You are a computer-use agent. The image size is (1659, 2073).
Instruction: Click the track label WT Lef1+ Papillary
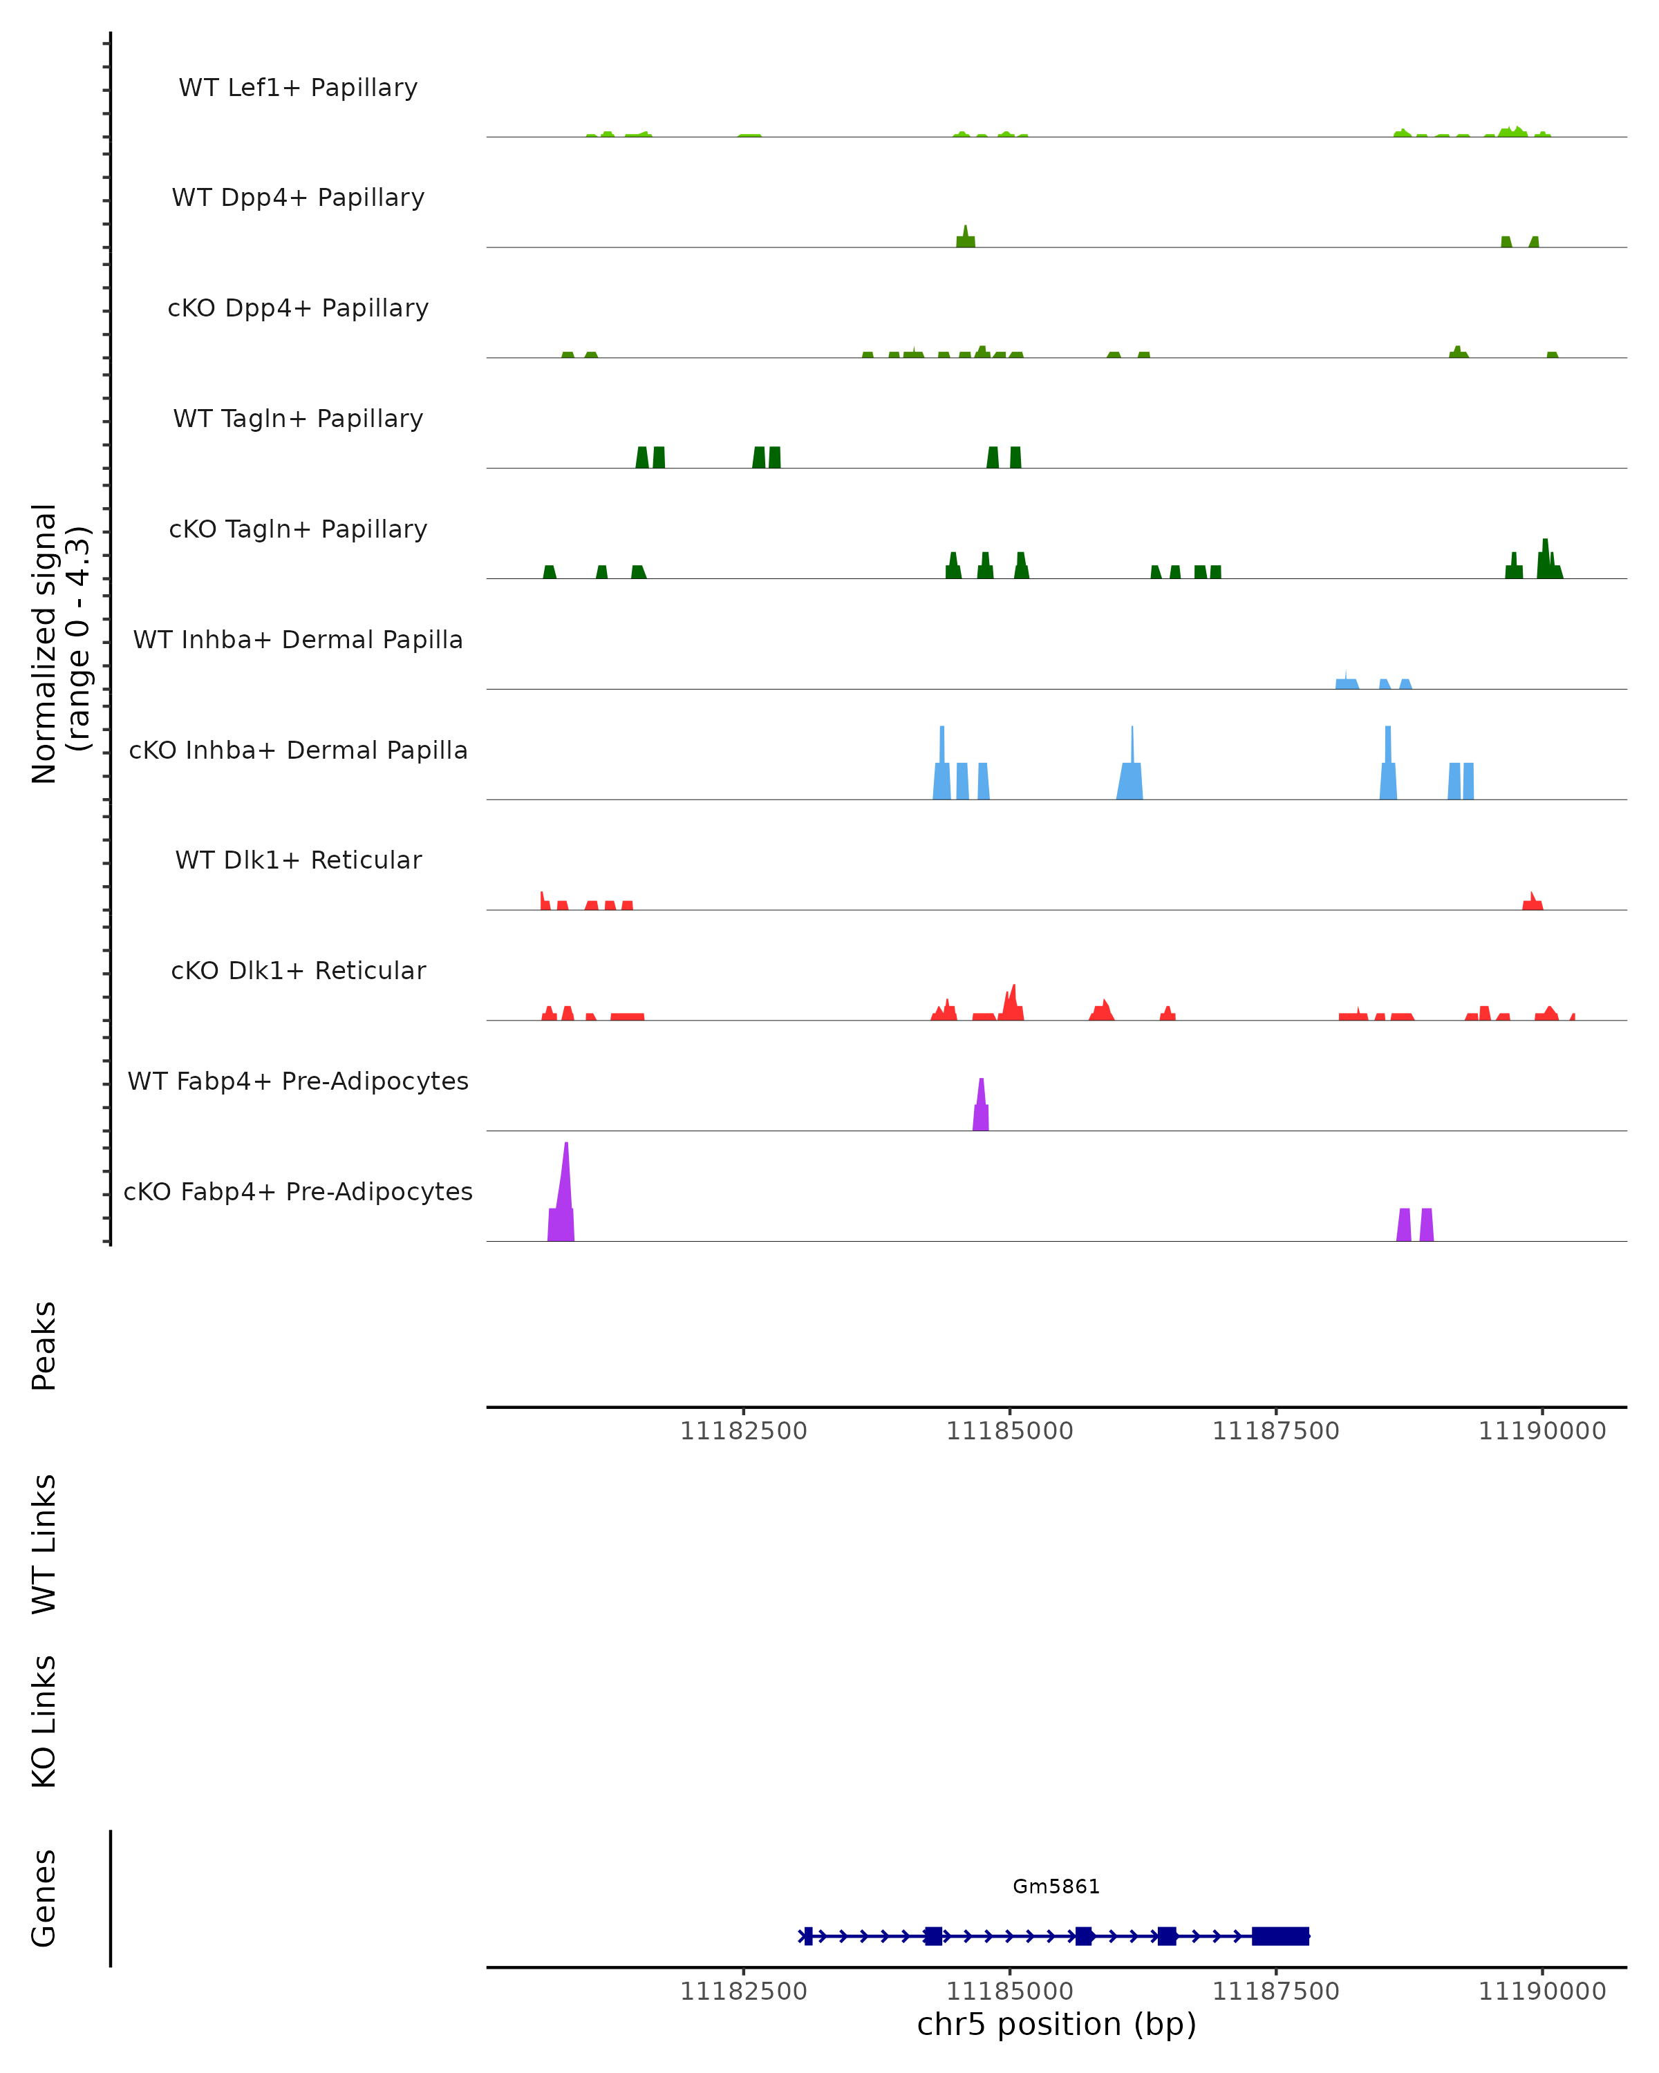298,88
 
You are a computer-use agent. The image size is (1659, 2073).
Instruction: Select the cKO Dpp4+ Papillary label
298,309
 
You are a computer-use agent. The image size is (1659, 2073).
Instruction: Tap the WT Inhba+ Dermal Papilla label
298,641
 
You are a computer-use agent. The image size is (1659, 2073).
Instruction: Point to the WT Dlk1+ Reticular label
298,860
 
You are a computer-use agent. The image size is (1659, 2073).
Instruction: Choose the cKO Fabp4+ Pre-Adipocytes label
298,1192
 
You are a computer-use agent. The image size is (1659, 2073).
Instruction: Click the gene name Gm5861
1056,1886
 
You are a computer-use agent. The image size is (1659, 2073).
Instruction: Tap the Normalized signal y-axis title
59,643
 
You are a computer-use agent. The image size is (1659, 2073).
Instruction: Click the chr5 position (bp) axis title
1056,2025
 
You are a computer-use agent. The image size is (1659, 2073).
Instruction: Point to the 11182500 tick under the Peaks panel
743,1432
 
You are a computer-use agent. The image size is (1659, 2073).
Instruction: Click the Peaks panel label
44,1346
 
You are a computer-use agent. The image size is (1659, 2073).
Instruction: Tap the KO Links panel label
44,1722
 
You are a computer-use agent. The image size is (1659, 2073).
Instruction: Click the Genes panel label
44,1898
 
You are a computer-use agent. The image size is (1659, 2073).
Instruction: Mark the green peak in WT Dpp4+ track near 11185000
966,238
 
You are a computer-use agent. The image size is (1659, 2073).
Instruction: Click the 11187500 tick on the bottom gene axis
1275,1992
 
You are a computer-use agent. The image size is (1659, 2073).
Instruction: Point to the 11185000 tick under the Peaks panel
1010,1432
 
